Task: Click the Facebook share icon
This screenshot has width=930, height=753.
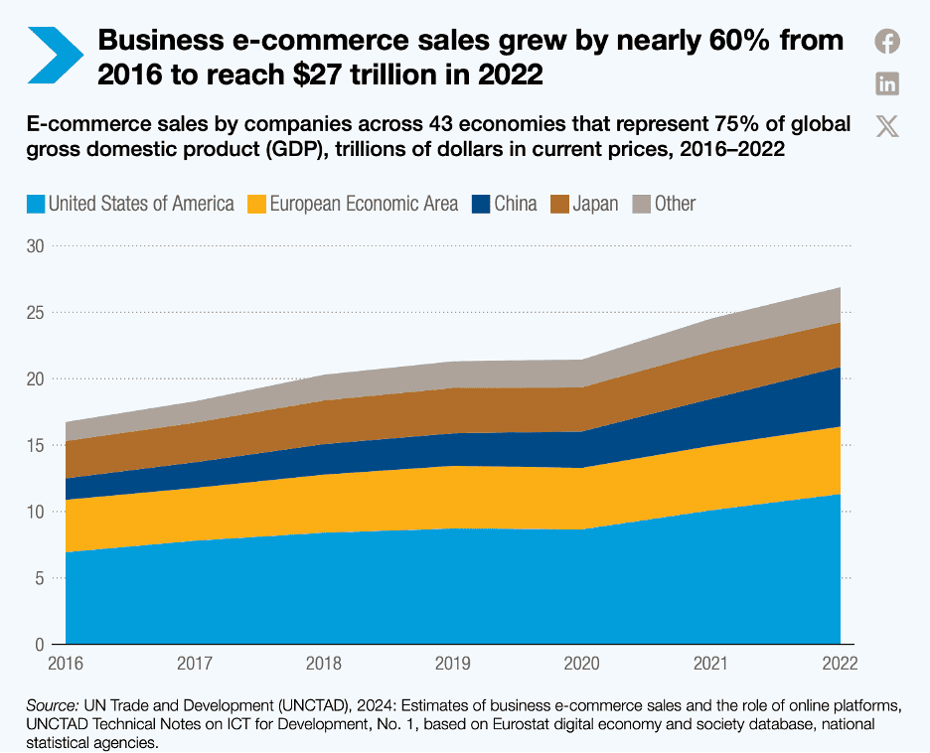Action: pyautogui.click(x=887, y=41)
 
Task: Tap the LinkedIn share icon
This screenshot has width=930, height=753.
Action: pyautogui.click(x=887, y=83)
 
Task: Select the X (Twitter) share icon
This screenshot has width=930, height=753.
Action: pyautogui.click(x=887, y=126)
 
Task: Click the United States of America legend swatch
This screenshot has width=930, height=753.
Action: pyautogui.click(x=35, y=204)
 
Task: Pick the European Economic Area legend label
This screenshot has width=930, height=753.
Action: pyautogui.click(x=365, y=204)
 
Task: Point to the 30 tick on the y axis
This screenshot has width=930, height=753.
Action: pyautogui.click(x=35, y=245)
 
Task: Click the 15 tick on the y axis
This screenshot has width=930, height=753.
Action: pyautogui.click(x=35, y=445)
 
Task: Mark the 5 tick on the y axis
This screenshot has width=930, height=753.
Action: pyautogui.click(x=40, y=578)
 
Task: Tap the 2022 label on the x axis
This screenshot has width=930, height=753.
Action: pyautogui.click(x=839, y=662)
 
